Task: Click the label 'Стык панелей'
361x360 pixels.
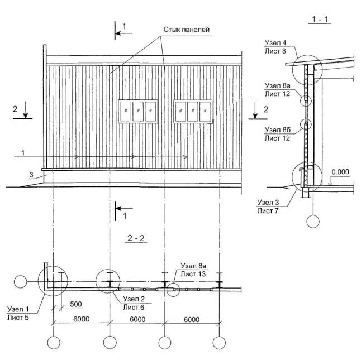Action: pyautogui.click(x=187, y=30)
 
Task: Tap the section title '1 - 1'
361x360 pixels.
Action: pyautogui.click(x=320, y=20)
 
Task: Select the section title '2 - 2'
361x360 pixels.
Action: pyautogui.click(x=136, y=238)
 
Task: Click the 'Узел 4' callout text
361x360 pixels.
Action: pyautogui.click(x=275, y=43)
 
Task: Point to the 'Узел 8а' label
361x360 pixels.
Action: pyautogui.click(x=277, y=86)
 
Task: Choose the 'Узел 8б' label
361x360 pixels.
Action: pyautogui.click(x=277, y=130)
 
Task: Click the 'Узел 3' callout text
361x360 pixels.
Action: pyautogui.click(x=268, y=202)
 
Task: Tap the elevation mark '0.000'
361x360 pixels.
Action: pyautogui.click(x=340, y=172)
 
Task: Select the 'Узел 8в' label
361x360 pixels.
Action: pyautogui.click(x=193, y=266)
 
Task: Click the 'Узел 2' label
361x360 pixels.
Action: pyautogui.click(x=134, y=299)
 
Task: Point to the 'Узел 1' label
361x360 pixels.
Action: pyautogui.click(x=18, y=309)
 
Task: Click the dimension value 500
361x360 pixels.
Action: pyautogui.click(x=76, y=304)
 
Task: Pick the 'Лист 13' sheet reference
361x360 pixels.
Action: pyautogui.click(x=193, y=274)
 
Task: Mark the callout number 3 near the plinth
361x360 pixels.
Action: pyautogui.click(x=31, y=175)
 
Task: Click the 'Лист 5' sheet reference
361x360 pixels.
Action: pyautogui.click(x=18, y=318)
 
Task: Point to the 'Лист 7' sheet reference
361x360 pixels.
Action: pyautogui.click(x=268, y=211)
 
